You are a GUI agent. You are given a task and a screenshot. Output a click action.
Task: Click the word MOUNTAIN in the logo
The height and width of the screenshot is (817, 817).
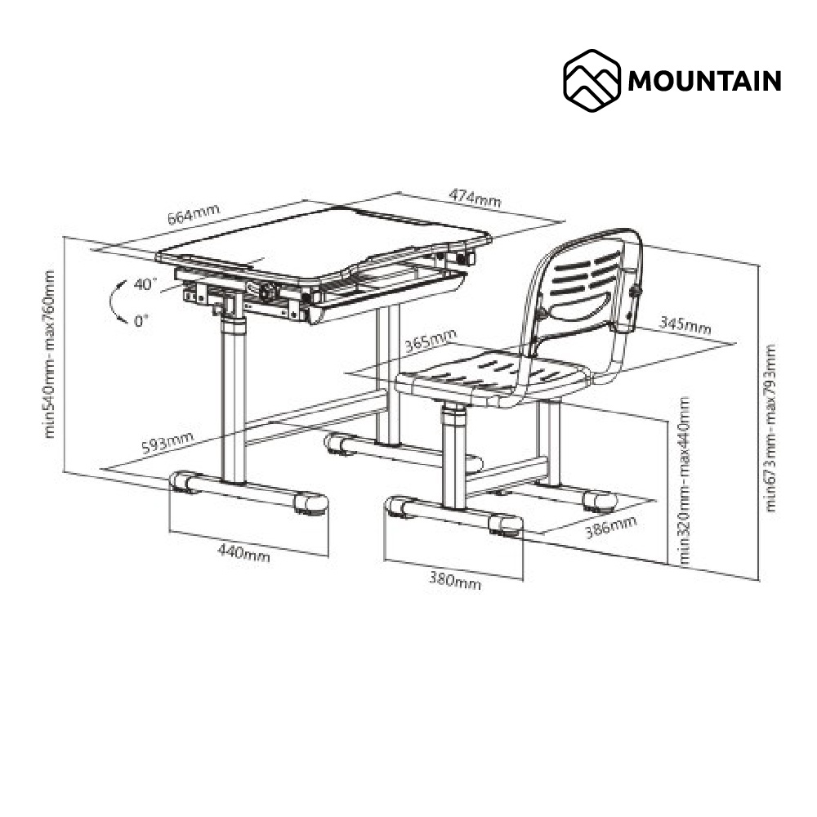(x=704, y=81)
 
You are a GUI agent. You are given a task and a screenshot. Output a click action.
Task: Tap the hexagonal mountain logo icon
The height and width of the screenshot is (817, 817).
(x=592, y=81)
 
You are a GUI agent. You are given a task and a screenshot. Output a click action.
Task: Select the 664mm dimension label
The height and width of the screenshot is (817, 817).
(x=194, y=214)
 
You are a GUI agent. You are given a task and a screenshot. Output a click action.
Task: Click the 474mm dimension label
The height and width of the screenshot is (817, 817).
(x=475, y=198)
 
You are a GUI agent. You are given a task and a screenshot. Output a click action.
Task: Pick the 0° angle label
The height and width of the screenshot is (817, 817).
(x=141, y=320)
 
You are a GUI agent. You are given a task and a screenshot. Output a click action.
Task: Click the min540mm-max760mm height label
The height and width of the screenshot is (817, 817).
(x=50, y=355)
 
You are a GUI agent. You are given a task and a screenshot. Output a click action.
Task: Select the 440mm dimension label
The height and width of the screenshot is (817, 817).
(x=243, y=552)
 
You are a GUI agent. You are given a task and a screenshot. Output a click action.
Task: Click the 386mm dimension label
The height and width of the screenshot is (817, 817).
(x=610, y=527)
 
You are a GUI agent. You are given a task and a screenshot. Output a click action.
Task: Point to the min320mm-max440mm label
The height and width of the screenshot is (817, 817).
(x=684, y=480)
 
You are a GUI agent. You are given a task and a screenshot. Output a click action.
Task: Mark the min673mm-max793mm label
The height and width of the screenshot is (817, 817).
(x=770, y=428)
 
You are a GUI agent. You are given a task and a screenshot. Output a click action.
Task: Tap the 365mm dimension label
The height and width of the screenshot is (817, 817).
(x=431, y=342)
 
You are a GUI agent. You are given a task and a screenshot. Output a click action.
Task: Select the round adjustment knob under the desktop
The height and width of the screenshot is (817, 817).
(x=268, y=292)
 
